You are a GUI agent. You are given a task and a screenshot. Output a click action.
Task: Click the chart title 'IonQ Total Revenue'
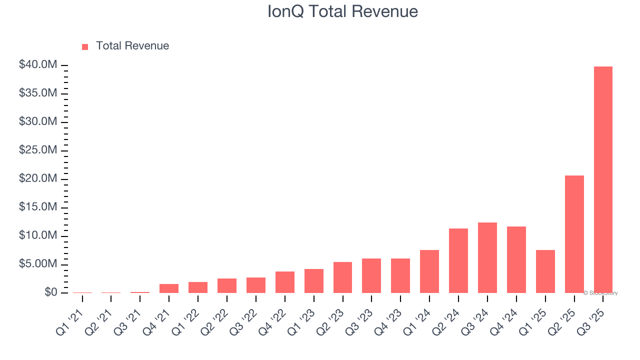[342, 11]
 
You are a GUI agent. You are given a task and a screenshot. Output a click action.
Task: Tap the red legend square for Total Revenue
[85, 46]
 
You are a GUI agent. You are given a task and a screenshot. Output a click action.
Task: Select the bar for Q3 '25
[603, 179]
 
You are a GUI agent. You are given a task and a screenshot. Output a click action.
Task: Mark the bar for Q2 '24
[458, 260]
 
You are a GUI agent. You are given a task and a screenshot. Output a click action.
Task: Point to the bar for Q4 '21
[169, 288]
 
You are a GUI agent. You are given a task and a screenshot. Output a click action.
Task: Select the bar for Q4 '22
[284, 282]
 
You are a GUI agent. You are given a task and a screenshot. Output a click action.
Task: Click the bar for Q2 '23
[342, 277]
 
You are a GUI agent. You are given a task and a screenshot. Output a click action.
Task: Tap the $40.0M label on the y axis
[38, 65]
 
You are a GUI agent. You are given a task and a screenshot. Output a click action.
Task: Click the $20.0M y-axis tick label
[38, 179]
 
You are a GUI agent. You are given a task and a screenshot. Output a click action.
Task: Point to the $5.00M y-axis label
[38, 264]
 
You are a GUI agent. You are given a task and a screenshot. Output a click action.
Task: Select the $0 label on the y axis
[50, 292]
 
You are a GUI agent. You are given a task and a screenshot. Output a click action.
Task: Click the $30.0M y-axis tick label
[38, 122]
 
